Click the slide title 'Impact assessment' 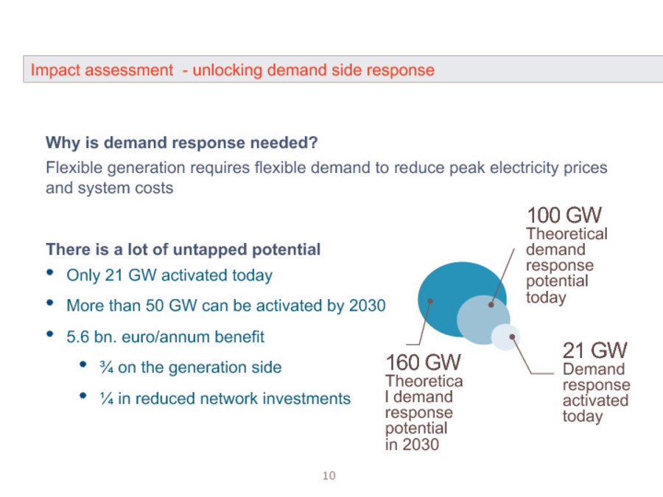102,70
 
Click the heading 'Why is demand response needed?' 182,143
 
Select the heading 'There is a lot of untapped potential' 183,250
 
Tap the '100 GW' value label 564,215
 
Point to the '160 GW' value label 424,362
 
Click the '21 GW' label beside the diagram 595,350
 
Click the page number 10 329,476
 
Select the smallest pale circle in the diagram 505,336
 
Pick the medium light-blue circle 483,320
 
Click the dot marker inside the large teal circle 430,301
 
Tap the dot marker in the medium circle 491,304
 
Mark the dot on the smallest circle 512,336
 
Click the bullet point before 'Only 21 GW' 50,272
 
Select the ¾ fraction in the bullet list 107,367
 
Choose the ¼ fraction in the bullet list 107,398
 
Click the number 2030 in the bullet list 367,306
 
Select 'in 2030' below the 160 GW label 412,445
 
